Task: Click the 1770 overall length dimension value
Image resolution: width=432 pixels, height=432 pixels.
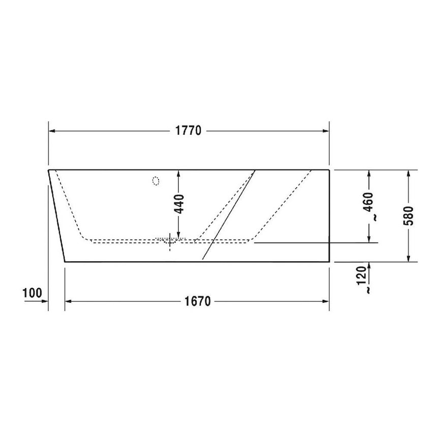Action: (x=189, y=131)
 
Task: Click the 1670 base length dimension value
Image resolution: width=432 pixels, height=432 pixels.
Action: (x=197, y=301)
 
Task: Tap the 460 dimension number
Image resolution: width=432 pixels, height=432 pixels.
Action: (x=369, y=202)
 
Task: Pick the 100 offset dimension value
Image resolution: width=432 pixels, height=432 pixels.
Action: (x=32, y=293)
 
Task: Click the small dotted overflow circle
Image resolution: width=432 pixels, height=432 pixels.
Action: (x=156, y=180)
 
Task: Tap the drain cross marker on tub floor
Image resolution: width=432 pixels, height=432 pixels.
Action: (x=169, y=241)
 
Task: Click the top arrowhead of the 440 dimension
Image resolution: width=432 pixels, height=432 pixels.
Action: (x=178, y=173)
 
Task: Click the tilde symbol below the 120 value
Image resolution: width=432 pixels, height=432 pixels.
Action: (x=368, y=290)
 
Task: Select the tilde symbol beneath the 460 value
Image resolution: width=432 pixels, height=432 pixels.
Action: (x=374, y=217)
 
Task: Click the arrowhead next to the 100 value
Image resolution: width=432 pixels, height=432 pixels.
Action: (x=44, y=301)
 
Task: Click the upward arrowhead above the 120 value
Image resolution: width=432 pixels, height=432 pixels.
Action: (x=369, y=266)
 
